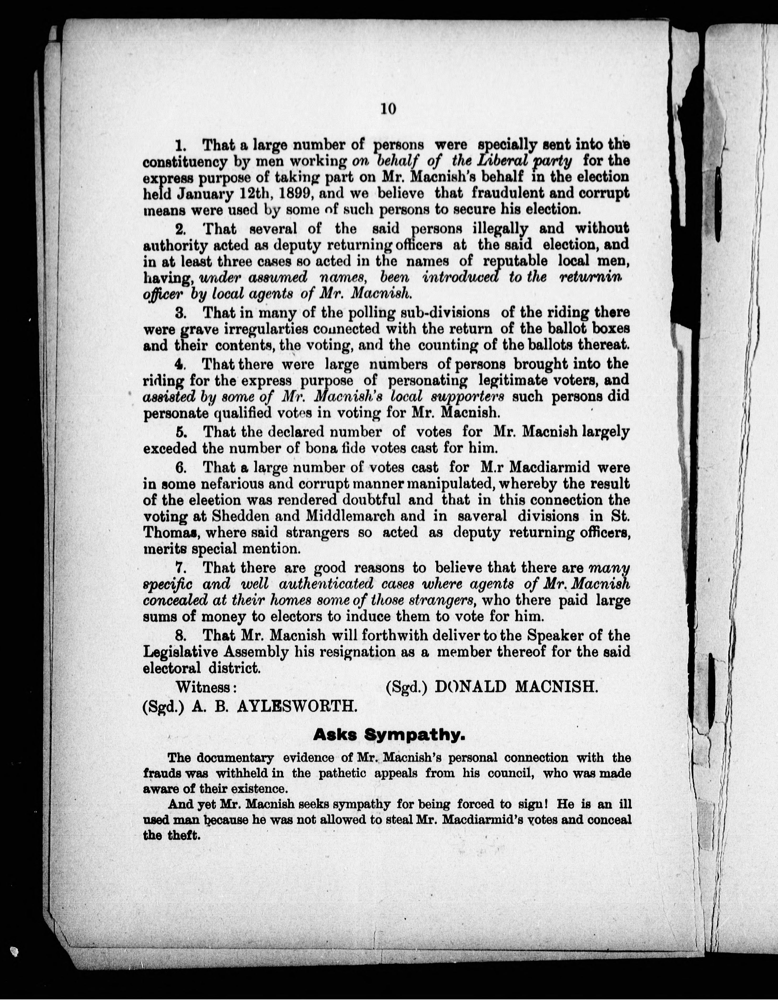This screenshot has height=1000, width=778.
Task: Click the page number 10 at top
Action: pyautogui.click(x=387, y=109)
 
